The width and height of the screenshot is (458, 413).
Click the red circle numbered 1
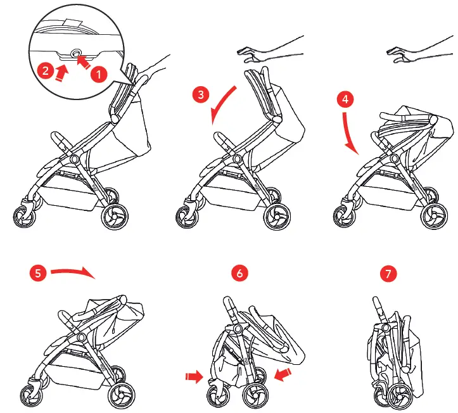point(98,73)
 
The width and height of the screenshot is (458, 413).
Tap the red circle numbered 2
point(44,70)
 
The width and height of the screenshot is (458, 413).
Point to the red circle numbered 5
point(37,274)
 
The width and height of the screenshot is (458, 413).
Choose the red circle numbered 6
point(239,274)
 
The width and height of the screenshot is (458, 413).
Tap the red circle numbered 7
point(388,274)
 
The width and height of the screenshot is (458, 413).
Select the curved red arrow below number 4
point(348,134)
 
